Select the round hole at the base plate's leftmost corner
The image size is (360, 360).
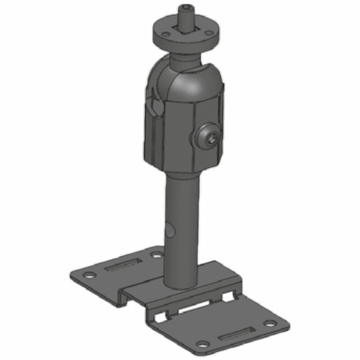click(89, 275)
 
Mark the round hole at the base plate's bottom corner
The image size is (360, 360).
click(205, 344)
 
